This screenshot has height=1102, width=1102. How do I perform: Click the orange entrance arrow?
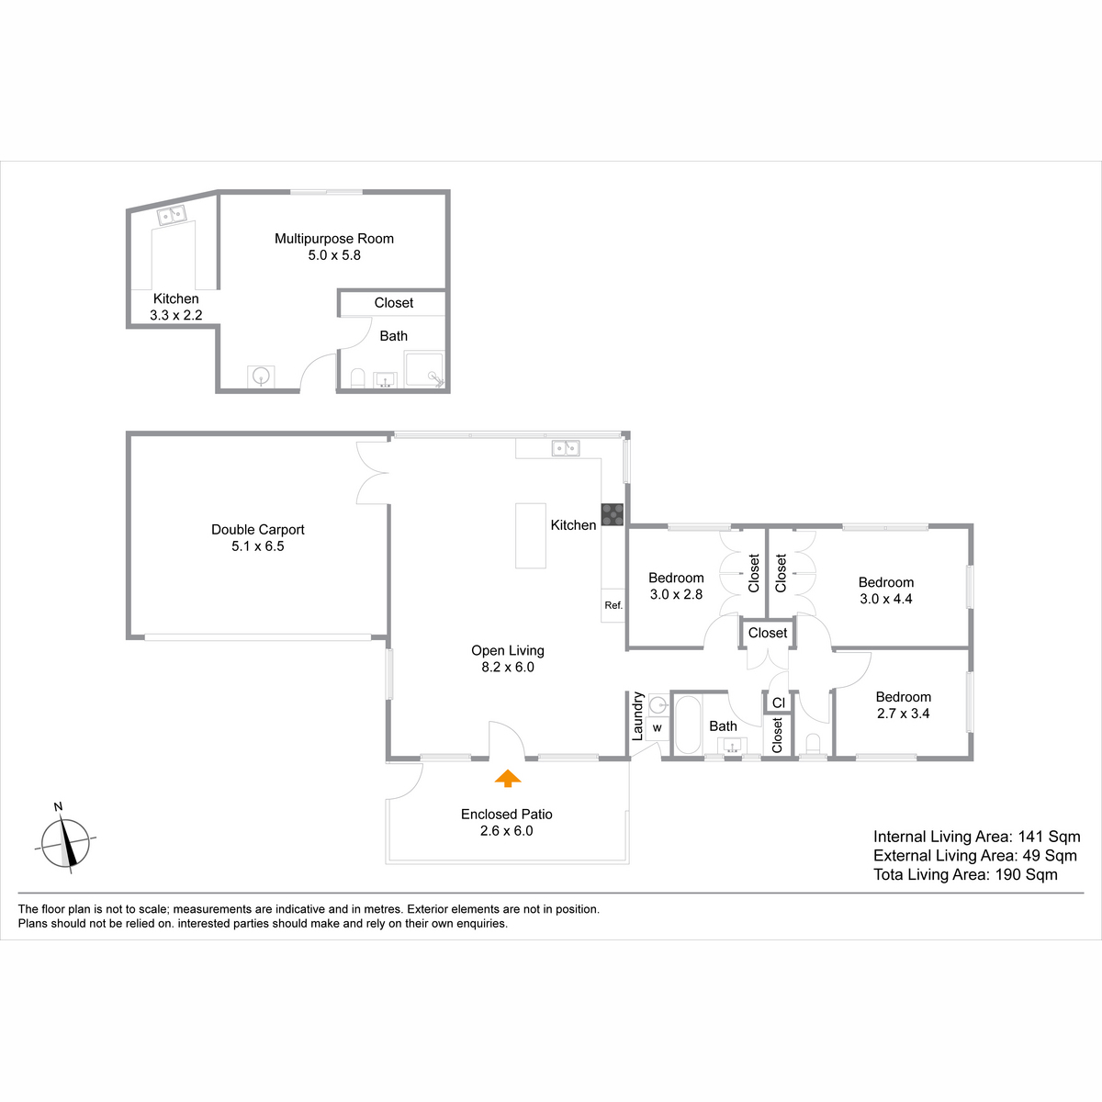507,779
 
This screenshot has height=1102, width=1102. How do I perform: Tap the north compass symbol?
65,840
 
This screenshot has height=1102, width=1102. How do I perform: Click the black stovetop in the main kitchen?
612,514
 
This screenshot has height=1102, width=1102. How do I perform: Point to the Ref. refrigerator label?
613,605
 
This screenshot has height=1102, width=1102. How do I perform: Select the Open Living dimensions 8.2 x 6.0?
508,667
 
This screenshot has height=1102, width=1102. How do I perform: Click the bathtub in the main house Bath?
688,725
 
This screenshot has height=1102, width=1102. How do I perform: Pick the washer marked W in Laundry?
658,728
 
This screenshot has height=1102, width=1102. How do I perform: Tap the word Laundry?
637,716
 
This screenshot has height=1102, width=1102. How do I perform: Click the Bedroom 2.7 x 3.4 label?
903,704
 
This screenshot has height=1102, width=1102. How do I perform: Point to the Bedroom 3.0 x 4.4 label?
886,590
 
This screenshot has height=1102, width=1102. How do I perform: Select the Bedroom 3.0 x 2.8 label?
676,586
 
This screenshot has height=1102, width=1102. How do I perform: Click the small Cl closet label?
779,703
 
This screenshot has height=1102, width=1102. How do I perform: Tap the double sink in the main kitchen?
566,448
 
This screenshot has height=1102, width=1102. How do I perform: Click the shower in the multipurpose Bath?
424,369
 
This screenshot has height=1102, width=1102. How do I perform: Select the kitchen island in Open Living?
530,535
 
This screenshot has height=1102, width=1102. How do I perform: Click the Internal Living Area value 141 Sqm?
1049,837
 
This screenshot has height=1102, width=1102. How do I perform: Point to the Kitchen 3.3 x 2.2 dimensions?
175,315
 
